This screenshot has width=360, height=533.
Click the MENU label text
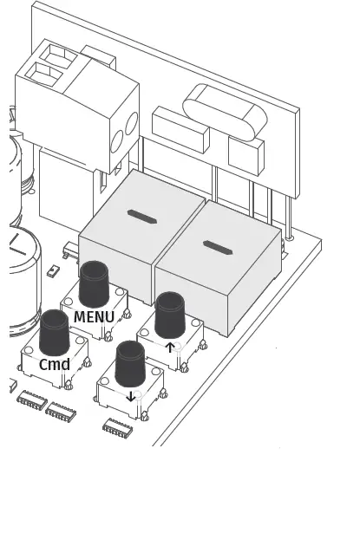[x=94, y=317]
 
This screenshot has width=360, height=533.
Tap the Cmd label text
[x=55, y=365]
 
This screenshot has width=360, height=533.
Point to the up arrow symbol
[x=170, y=348]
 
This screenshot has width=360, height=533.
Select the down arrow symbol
[x=131, y=397]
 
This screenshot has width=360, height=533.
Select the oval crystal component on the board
[x=223, y=110]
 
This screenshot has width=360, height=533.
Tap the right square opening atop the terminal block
[x=63, y=55]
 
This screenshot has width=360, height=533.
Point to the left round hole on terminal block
[x=116, y=139]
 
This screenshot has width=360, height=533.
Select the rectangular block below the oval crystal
[x=245, y=154]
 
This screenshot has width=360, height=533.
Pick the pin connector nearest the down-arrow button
[x=116, y=428]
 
